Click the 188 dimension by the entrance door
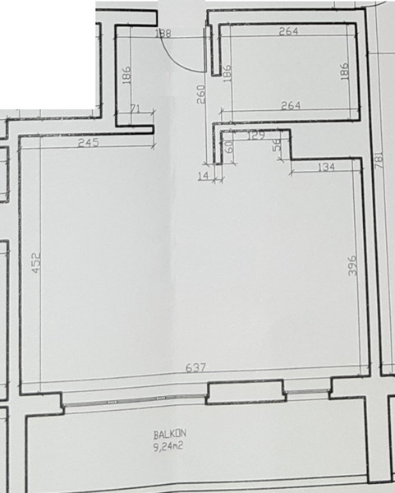(x=163, y=33)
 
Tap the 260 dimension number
(x=201, y=94)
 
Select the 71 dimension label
(x=135, y=108)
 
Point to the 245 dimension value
(x=89, y=143)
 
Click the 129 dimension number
(x=256, y=136)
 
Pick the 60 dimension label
(x=230, y=146)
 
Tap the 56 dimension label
(x=277, y=145)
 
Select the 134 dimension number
(x=327, y=167)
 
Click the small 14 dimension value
(x=204, y=176)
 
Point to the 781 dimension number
(x=379, y=159)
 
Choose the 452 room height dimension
(x=36, y=262)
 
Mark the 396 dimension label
(x=353, y=265)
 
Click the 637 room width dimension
(x=195, y=367)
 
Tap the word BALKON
(x=170, y=434)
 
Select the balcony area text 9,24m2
(x=168, y=446)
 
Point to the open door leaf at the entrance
(x=209, y=49)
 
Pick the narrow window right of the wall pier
(x=307, y=391)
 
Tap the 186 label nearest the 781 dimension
(x=344, y=71)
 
